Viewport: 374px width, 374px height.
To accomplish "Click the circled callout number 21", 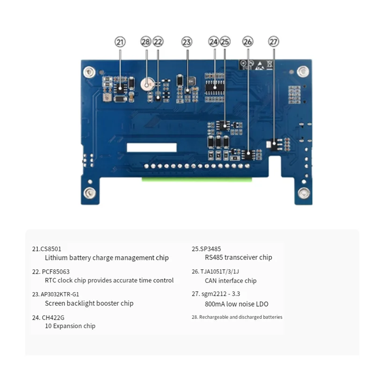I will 120,42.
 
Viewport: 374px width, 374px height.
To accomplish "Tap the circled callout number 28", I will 146,42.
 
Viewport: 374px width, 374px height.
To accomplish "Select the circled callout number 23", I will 187,42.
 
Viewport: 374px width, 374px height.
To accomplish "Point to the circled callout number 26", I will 248,42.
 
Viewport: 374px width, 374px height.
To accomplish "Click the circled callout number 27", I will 273,42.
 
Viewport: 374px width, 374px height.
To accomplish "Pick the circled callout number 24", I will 214,42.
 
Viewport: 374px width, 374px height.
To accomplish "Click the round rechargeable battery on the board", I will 147,85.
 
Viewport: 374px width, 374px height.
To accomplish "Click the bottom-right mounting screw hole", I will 304,192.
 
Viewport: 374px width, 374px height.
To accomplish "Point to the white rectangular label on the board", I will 151,147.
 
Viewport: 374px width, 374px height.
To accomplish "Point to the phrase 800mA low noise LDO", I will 237,304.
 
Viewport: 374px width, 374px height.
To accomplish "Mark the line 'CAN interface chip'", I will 230,281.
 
